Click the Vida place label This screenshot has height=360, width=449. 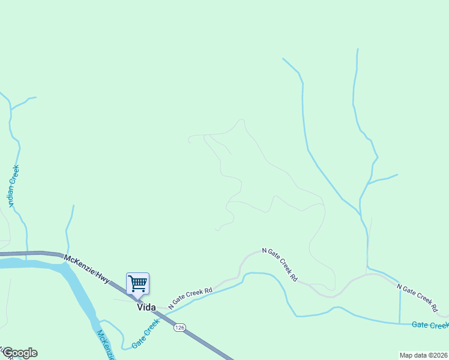point(146,307)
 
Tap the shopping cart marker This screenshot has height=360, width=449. point(138,283)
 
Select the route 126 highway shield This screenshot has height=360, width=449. point(179,328)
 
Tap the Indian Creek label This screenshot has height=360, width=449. point(14,187)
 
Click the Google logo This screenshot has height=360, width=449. point(19,353)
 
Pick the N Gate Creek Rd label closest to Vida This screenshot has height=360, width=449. point(191,298)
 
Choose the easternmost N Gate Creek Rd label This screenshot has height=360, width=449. point(418,298)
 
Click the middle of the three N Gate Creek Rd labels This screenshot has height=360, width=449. point(280,265)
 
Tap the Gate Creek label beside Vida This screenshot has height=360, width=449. point(146,334)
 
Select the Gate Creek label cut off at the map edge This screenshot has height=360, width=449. point(430,325)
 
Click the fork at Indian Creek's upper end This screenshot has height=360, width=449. point(10,109)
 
